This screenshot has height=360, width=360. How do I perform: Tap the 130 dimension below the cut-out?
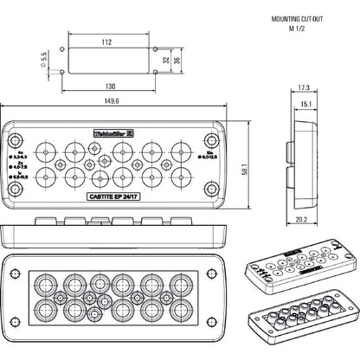[x=108, y=87]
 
